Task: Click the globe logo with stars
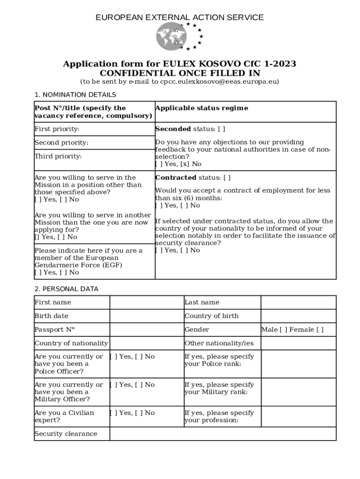click(180, 36)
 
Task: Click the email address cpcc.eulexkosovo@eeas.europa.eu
click(220, 81)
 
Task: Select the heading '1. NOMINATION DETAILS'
click(75, 95)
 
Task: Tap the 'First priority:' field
click(94, 129)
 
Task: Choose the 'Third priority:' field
click(94, 156)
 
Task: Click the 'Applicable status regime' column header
click(202, 108)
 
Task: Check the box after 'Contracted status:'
click(227, 178)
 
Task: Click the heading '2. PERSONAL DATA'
click(66, 289)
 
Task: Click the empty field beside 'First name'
click(146, 303)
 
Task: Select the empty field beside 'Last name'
click(298, 303)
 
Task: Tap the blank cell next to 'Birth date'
click(146, 316)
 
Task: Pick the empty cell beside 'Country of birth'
click(298, 316)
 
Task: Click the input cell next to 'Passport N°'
click(146, 330)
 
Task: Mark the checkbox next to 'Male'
click(283, 330)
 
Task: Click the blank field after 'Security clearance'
click(223, 434)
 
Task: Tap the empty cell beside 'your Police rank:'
click(298, 364)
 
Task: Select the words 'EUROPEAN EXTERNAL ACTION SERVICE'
click(180, 18)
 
